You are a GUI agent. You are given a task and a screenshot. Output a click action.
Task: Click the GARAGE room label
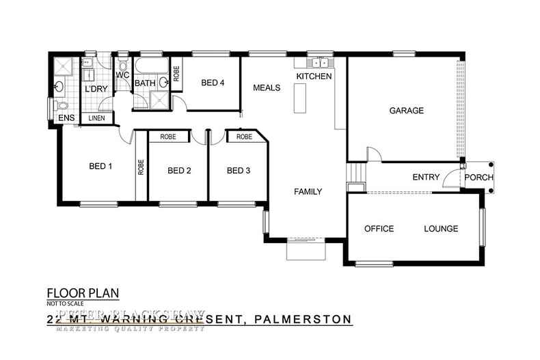point(407,111)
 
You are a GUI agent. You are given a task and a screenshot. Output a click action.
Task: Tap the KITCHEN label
point(314,77)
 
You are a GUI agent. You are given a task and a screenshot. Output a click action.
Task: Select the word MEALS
point(267,88)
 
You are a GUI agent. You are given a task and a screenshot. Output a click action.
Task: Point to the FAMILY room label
point(308,192)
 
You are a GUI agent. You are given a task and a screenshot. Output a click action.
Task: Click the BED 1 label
point(100,166)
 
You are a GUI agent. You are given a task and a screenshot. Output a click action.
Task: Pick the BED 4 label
point(213,83)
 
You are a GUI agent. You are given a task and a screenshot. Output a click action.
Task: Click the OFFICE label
point(379,229)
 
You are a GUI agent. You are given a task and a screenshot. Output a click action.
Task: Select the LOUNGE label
point(441,229)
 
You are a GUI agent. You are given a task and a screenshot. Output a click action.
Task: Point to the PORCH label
point(478,178)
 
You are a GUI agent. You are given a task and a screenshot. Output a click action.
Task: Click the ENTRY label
point(426,178)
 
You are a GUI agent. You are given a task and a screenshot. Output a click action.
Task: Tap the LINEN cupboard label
point(97,119)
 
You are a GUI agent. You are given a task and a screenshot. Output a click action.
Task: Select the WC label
point(123,75)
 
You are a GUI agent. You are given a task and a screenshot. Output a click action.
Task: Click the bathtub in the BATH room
point(151,68)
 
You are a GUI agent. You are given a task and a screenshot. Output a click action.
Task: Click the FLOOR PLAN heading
point(83,294)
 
